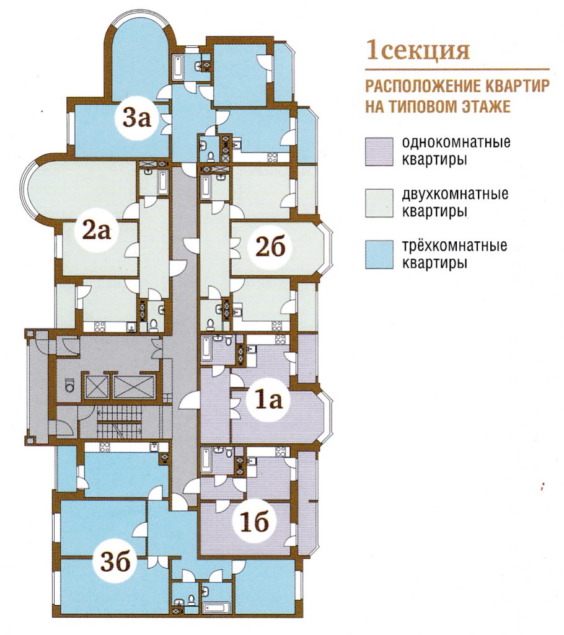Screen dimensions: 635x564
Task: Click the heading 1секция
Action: click(x=417, y=50)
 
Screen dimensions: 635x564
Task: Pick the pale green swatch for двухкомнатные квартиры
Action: click(x=379, y=203)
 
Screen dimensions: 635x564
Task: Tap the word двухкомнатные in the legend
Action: click(x=456, y=195)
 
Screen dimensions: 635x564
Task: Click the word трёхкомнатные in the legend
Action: click(x=456, y=246)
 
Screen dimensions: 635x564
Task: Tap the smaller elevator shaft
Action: click(x=97, y=385)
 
